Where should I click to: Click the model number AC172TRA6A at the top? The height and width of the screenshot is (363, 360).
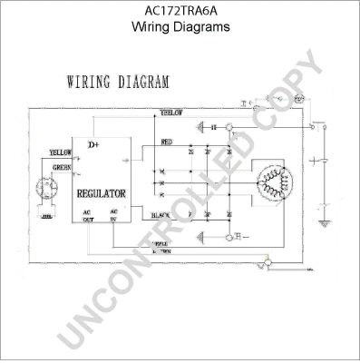180,12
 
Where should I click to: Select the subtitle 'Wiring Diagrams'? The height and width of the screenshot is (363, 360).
180,27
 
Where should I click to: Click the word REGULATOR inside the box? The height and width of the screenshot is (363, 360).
102,194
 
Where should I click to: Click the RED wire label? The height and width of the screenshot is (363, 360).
166,142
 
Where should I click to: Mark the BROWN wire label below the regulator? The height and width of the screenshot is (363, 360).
161,250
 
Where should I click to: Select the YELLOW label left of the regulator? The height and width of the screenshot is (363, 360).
60,152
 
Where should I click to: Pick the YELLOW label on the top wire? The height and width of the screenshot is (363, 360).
171,113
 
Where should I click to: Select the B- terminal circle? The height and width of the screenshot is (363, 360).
265,264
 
